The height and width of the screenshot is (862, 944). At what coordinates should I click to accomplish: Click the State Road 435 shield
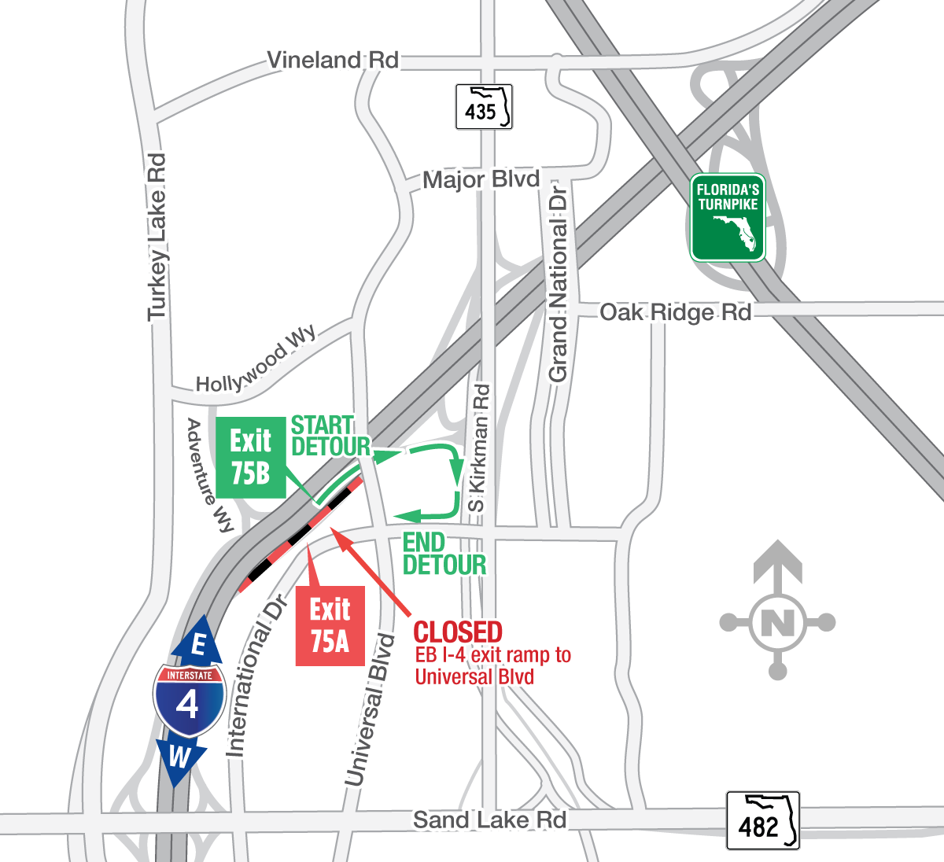484,107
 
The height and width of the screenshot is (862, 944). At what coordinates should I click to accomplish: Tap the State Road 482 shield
762,821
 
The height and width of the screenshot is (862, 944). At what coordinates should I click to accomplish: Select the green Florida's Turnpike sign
728,217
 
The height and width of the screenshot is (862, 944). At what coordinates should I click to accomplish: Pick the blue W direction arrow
180,760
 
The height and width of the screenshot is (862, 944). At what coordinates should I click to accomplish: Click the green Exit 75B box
250,457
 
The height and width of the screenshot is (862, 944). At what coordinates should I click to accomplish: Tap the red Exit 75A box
330,625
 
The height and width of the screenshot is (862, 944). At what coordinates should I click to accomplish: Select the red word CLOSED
458,632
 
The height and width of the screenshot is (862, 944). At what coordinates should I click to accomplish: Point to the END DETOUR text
444,554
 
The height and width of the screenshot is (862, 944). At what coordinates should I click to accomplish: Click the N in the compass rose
778,623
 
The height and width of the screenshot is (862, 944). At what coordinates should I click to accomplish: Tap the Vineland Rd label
333,61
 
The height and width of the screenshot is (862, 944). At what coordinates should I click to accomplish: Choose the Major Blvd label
481,180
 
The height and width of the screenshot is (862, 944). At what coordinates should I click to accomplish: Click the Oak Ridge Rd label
675,313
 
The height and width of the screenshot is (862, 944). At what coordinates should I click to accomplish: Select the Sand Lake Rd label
489,820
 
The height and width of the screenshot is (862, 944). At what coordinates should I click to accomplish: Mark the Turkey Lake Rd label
158,237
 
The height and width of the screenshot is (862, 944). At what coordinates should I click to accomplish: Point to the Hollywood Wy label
256,360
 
